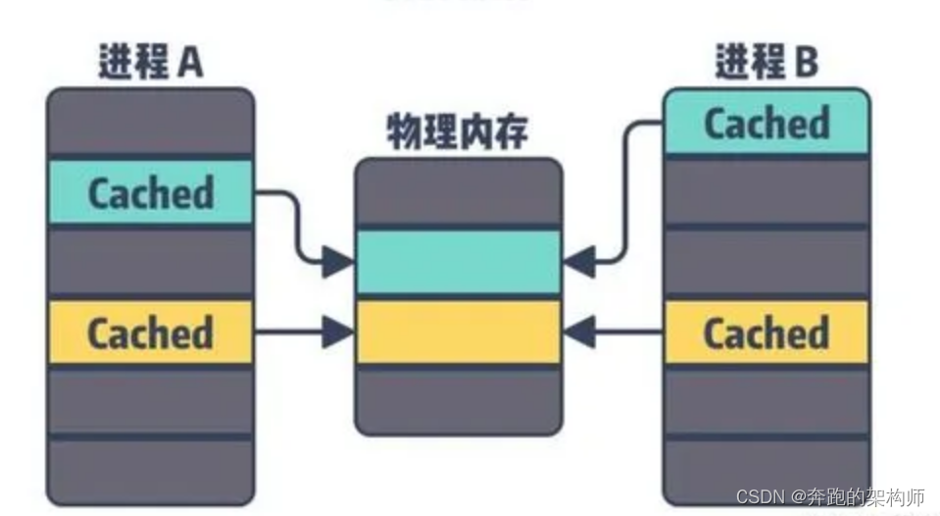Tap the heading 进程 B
pyautogui.click(x=766, y=63)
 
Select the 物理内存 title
pyautogui.click(x=457, y=131)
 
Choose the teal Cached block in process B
pyautogui.click(x=766, y=123)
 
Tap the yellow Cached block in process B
pyautogui.click(x=766, y=333)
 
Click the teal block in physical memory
pyautogui.click(x=458, y=261)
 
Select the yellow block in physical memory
pyautogui.click(x=458, y=333)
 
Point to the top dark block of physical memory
pyautogui.click(x=458, y=193)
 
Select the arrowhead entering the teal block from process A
pyautogui.click(x=338, y=261)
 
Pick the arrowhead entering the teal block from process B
pyautogui.click(x=578, y=261)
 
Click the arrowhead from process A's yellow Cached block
pyautogui.click(x=338, y=333)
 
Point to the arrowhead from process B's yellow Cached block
pyautogui.click(x=578, y=333)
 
